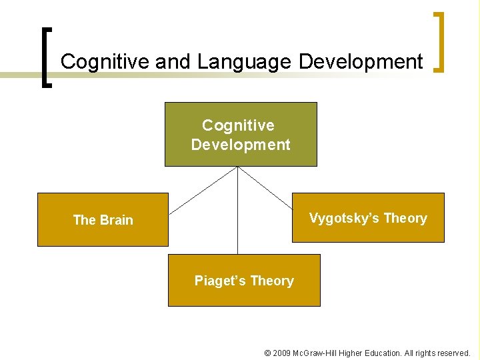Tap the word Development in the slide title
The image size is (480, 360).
361,62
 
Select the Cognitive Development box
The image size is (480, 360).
241,134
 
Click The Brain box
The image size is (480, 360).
103,220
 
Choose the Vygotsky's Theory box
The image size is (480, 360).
368,218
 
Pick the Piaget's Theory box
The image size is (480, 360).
244,281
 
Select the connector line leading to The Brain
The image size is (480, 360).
203,190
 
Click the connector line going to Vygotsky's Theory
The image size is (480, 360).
265,187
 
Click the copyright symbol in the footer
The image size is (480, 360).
268,353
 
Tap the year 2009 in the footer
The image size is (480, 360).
282,353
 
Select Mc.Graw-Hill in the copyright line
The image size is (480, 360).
316,353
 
